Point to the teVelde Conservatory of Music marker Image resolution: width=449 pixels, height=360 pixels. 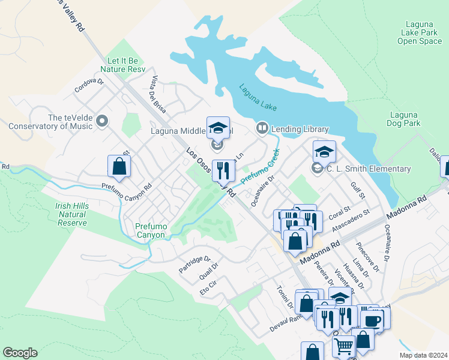tap(101, 122)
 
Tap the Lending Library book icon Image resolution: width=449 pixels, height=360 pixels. tap(262, 128)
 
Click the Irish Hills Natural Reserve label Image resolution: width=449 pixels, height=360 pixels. tap(72, 214)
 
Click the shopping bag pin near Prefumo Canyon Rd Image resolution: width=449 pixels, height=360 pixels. tap(119, 167)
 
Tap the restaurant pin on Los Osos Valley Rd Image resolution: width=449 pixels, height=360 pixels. tap(223, 171)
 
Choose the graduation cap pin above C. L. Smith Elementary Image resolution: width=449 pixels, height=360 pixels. tap(324, 152)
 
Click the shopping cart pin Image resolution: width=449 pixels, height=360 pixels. tap(343, 346)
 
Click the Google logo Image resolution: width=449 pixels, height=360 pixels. tap(20, 353)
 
